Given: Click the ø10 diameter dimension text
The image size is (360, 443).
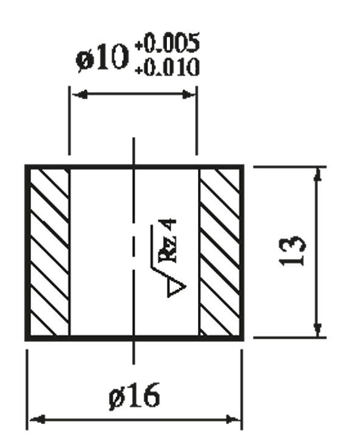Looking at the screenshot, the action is tap(102, 58).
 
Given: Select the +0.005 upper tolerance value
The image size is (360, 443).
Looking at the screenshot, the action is tap(168, 43).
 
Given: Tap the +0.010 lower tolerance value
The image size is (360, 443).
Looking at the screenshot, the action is tap(168, 67).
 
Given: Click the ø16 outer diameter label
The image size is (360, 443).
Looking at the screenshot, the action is tap(135, 395).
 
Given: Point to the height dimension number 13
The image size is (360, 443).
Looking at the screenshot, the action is tap(292, 251).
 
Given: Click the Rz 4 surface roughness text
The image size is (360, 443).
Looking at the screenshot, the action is tap(169, 241).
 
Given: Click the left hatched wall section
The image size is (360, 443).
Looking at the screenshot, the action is tap(49, 252).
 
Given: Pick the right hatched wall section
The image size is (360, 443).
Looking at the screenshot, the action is tap(220, 252).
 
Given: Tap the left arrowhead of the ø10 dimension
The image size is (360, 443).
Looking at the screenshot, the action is tap(80, 94).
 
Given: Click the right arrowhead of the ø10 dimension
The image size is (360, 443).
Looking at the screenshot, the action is tap(188, 94).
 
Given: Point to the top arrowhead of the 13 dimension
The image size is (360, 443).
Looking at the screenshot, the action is tap(319, 175).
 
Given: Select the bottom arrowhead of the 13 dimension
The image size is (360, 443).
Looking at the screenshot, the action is tap(319, 329).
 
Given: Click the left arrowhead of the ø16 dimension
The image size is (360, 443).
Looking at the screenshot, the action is tap(37, 419).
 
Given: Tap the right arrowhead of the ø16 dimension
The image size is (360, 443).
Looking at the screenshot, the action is tap(233, 420).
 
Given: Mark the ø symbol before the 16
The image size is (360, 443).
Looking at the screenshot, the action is tap(116, 397).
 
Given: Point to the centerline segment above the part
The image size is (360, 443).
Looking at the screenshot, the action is tap(133, 151).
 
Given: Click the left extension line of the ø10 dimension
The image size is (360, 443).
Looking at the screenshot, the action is tap(69, 121).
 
